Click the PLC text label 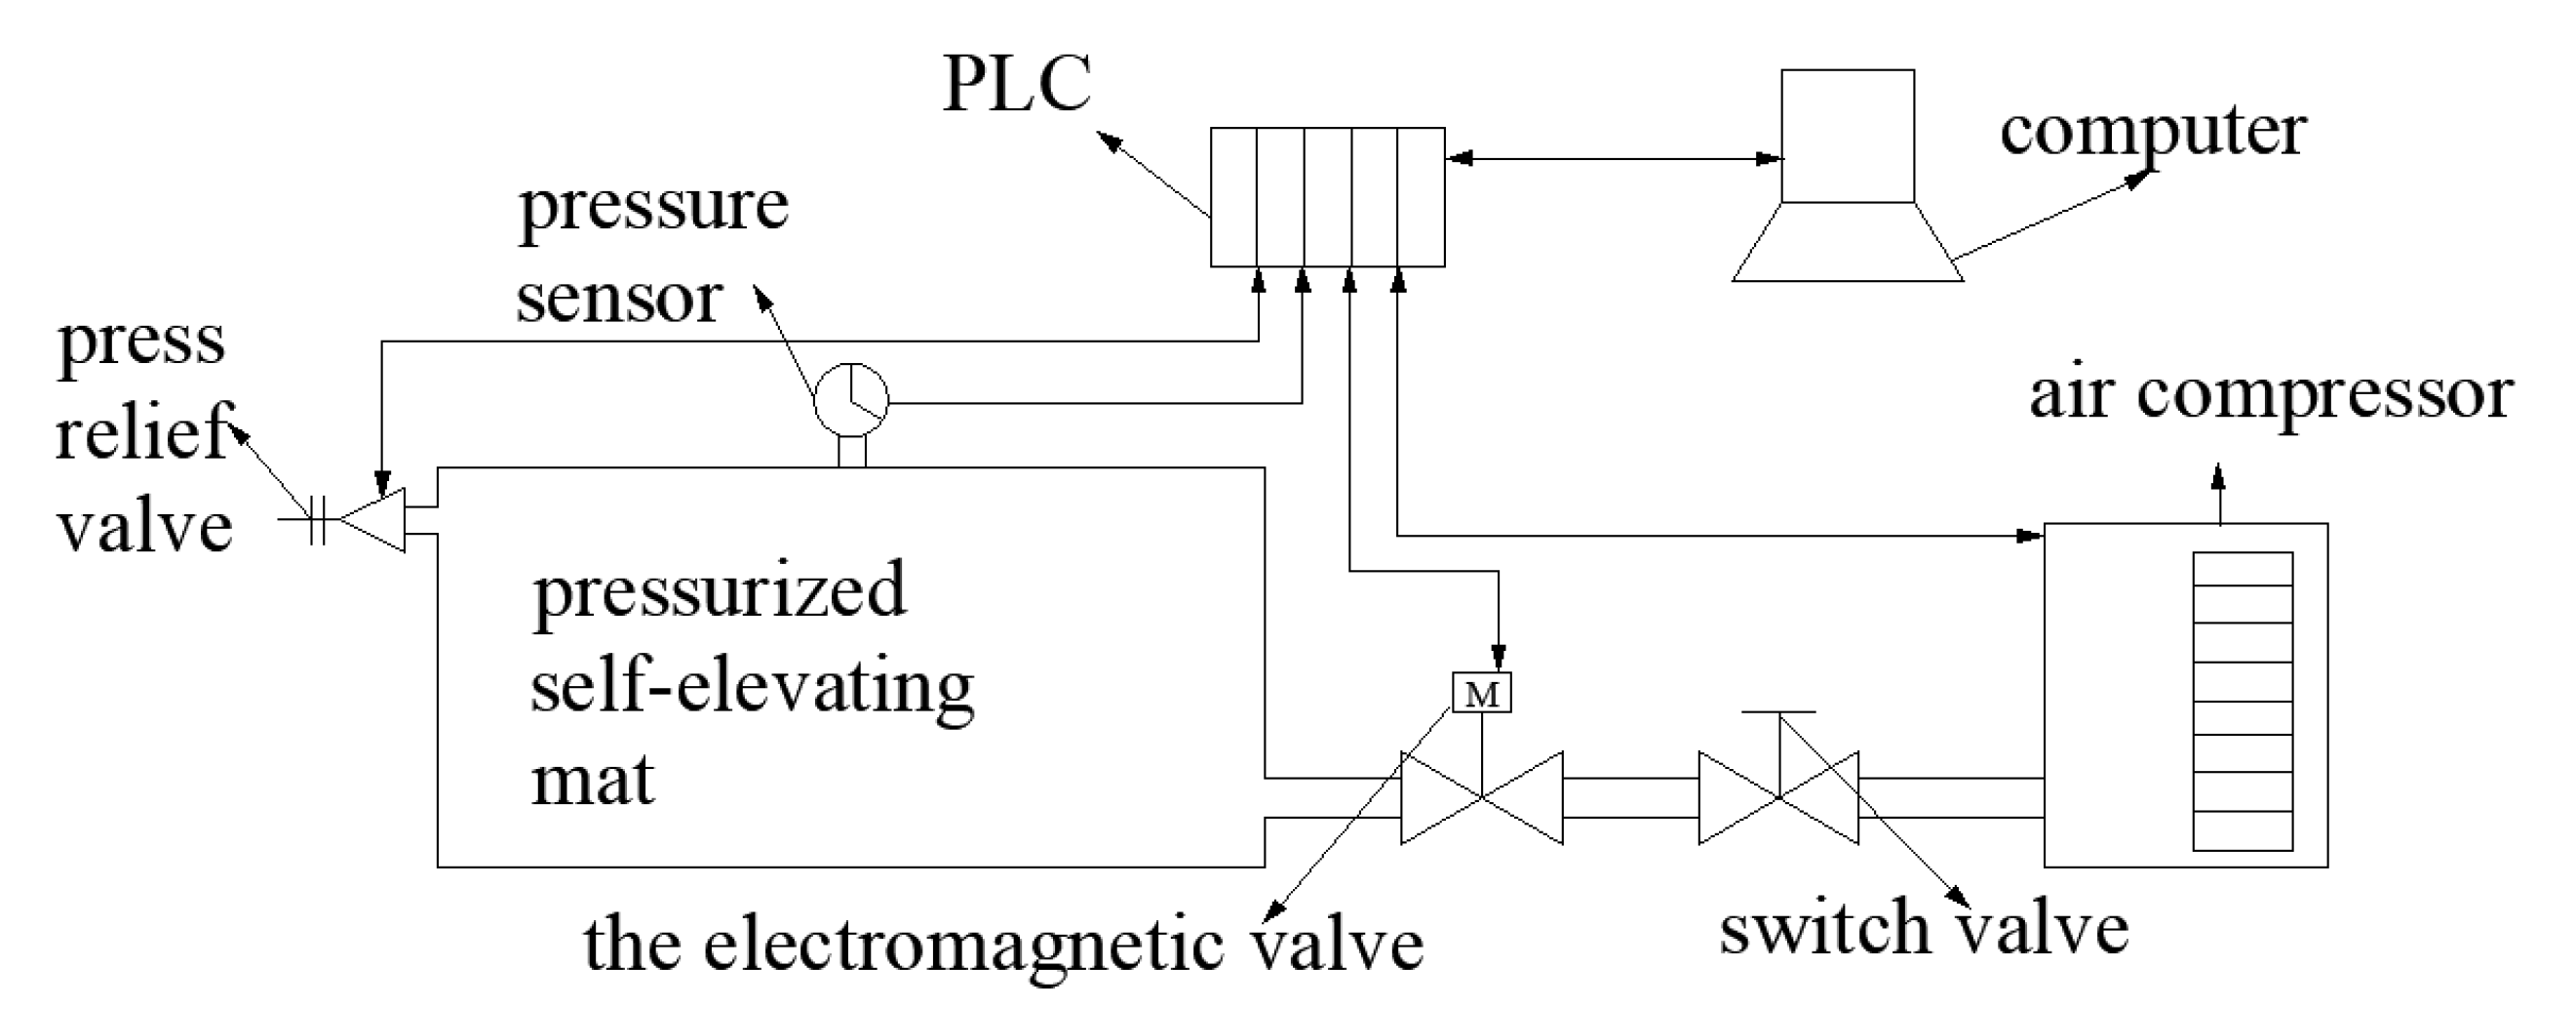click(x=1017, y=84)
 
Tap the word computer click(x=2152, y=132)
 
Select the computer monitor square click(x=1848, y=136)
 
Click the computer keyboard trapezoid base click(x=1848, y=242)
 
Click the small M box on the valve click(x=1481, y=693)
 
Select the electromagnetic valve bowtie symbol click(x=1481, y=798)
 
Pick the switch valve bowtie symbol click(x=1778, y=798)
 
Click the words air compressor click(x=2270, y=396)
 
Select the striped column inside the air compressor click(x=2243, y=700)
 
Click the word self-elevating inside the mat click(x=752, y=688)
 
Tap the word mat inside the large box click(x=592, y=781)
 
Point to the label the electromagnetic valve click(x=1002, y=944)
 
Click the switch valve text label click(x=1924, y=929)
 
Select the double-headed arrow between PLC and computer click(x=1614, y=158)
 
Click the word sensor click(x=619, y=298)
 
